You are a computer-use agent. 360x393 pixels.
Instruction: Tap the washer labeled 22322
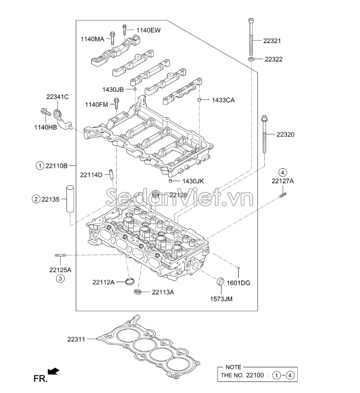click(x=250, y=59)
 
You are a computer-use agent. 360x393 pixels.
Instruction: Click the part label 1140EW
click(x=148, y=30)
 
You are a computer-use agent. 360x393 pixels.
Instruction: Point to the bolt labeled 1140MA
click(x=113, y=37)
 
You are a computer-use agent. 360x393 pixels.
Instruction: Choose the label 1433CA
click(x=223, y=100)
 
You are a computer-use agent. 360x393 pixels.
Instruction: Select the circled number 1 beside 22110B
click(x=39, y=165)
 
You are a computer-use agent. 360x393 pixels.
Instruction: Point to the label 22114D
click(x=91, y=175)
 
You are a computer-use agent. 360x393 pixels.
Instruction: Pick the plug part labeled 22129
click(x=155, y=194)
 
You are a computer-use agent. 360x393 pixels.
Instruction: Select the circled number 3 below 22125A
click(x=60, y=279)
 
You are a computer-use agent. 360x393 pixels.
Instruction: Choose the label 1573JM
click(x=221, y=299)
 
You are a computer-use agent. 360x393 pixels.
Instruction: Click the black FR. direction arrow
click(x=54, y=371)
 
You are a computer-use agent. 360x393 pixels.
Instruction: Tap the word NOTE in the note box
click(x=234, y=367)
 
